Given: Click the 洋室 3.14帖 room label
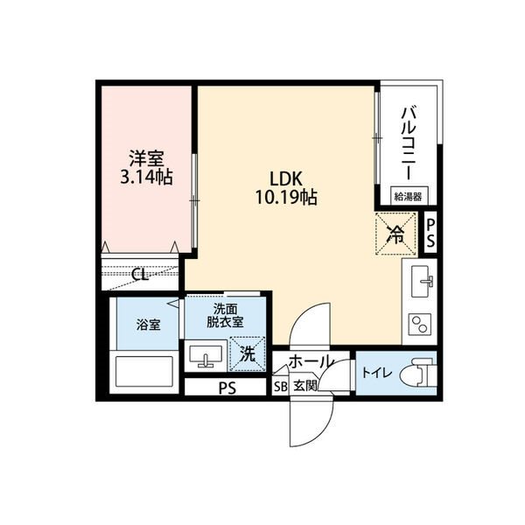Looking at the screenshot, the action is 146,168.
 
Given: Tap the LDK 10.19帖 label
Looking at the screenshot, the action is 286,188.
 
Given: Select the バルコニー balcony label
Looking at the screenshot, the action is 410,143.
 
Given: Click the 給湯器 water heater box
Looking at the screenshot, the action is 408,195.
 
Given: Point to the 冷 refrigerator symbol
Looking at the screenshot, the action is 395,234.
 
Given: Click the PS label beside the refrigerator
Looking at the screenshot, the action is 430,233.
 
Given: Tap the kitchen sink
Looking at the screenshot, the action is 422,281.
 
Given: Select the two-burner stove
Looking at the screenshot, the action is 419,325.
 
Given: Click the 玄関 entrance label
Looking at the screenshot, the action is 305,386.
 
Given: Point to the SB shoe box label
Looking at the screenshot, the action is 281,387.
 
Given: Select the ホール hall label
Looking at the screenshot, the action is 311,361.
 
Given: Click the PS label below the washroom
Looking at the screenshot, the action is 227,388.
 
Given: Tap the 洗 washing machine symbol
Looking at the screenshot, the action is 248,354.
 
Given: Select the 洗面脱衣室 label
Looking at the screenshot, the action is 225,315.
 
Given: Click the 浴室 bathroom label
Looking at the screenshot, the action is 148,325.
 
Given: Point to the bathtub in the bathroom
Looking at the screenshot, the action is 144,372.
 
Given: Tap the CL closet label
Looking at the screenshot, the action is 140,275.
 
